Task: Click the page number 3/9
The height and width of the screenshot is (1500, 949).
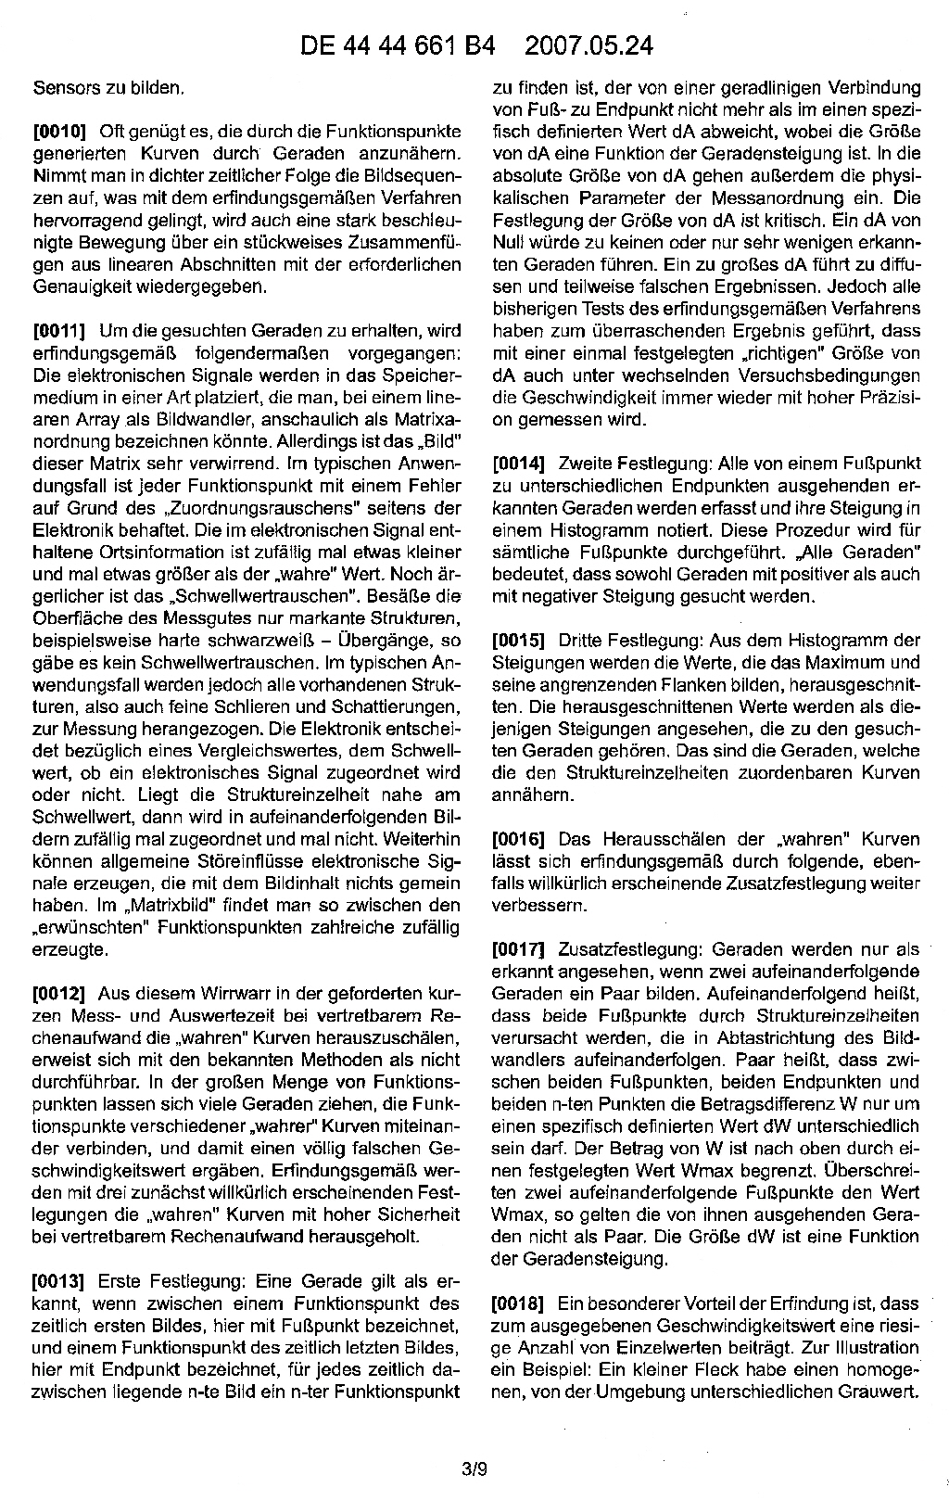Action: (x=474, y=1468)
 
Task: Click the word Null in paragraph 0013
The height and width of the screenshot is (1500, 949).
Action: (x=507, y=244)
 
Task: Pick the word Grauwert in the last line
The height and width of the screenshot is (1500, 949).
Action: (x=881, y=1392)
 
